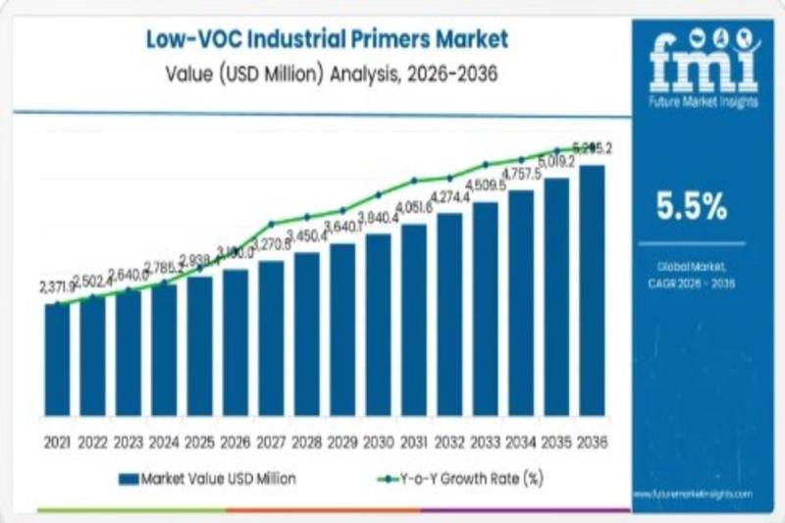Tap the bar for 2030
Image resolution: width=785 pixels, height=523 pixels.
(x=378, y=324)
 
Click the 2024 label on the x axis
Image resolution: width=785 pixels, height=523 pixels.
(x=164, y=443)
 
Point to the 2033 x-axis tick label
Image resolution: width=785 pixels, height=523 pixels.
(x=485, y=443)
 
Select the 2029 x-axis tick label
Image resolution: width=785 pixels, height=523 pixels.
(x=342, y=443)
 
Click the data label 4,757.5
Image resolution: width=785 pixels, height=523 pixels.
(x=521, y=175)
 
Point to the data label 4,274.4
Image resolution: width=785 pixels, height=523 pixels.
(x=450, y=196)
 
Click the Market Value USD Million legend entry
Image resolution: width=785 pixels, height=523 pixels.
(x=207, y=479)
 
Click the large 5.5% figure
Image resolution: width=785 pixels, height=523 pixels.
(x=693, y=206)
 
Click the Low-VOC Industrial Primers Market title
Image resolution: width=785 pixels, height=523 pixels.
(x=327, y=39)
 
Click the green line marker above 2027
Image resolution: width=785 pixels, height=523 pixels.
(x=271, y=223)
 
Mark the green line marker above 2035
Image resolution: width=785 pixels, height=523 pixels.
(x=556, y=151)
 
